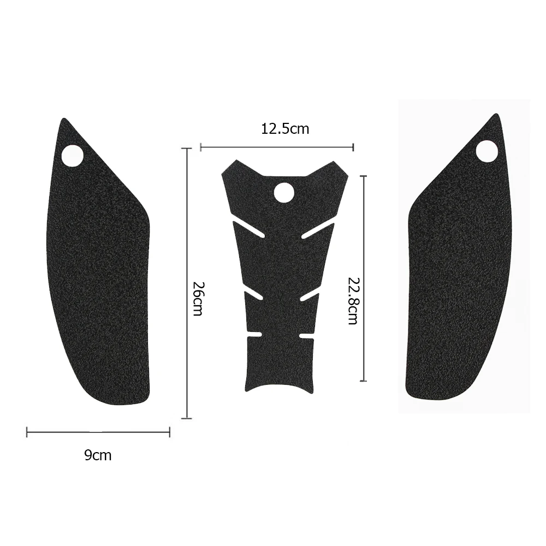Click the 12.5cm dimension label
pyautogui.click(x=285, y=129)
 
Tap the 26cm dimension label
pyautogui.click(x=198, y=299)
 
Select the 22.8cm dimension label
pyautogui.click(x=353, y=300)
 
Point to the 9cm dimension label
pyautogui.click(x=98, y=455)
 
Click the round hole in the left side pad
pyautogui.click(x=72, y=155)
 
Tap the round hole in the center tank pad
pyautogui.click(x=284, y=192)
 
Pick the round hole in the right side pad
pyautogui.click(x=487, y=151)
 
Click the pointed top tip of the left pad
pyautogui.click(x=63, y=118)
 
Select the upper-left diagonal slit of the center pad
pyautogui.click(x=248, y=229)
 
